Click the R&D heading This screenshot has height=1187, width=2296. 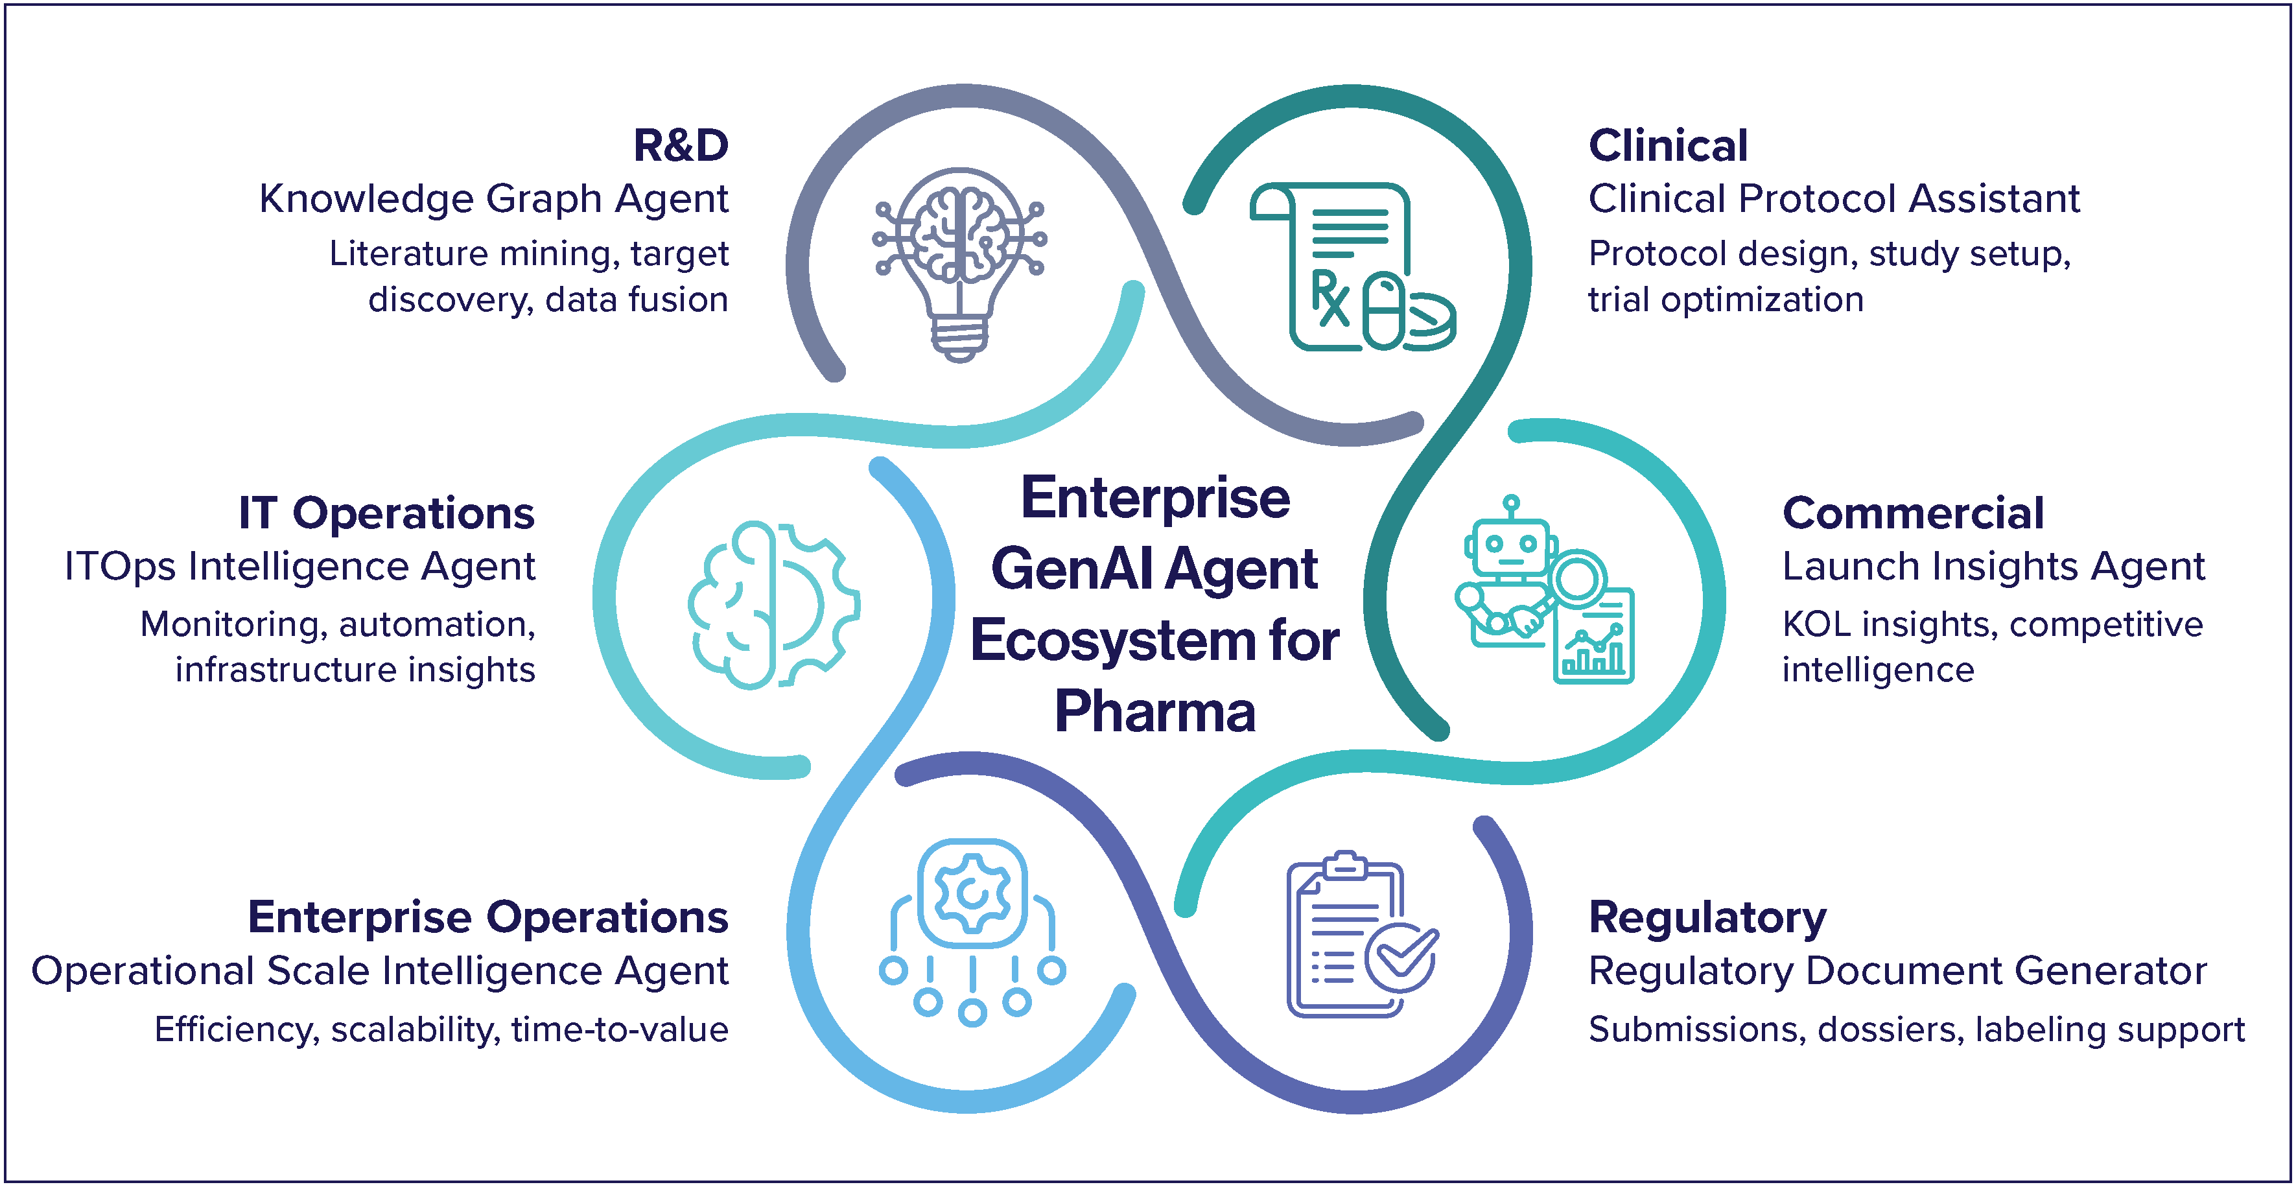point(680,145)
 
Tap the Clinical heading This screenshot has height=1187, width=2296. point(1668,145)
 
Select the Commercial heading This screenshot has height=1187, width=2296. point(1913,513)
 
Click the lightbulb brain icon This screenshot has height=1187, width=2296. point(959,264)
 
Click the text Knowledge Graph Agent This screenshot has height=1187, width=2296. point(493,199)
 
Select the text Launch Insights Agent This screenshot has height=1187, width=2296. point(1993,567)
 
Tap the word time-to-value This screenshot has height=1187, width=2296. point(620,1029)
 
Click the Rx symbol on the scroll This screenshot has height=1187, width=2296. point(1329,298)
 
